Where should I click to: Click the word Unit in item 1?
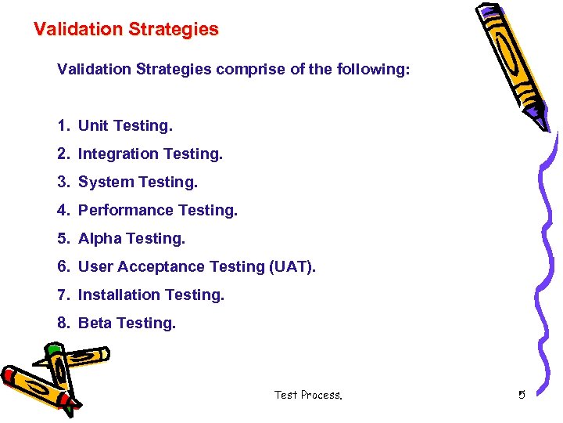click(93, 125)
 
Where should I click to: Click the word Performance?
click(126, 210)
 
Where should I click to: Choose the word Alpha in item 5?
click(99, 238)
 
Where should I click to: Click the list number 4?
click(63, 210)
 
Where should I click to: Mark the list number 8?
click(63, 323)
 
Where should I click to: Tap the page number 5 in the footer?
click(522, 395)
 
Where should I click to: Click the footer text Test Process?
click(308, 395)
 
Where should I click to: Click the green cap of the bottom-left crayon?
click(53, 349)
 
